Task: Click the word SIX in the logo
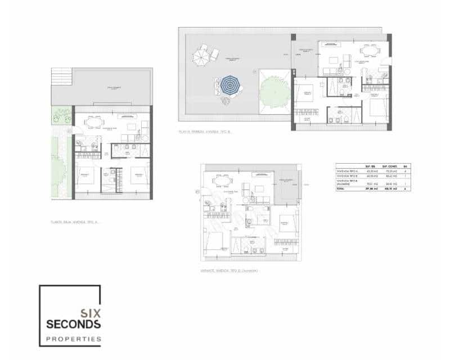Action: point(91,313)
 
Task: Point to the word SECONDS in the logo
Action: point(74,325)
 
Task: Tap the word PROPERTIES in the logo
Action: point(74,339)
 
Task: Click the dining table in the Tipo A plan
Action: point(95,122)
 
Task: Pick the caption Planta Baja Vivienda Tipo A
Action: point(74,222)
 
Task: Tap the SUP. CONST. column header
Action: point(389,166)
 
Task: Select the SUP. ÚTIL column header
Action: point(371,166)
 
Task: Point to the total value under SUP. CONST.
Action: point(389,189)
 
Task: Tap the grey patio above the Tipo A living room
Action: point(113,87)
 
